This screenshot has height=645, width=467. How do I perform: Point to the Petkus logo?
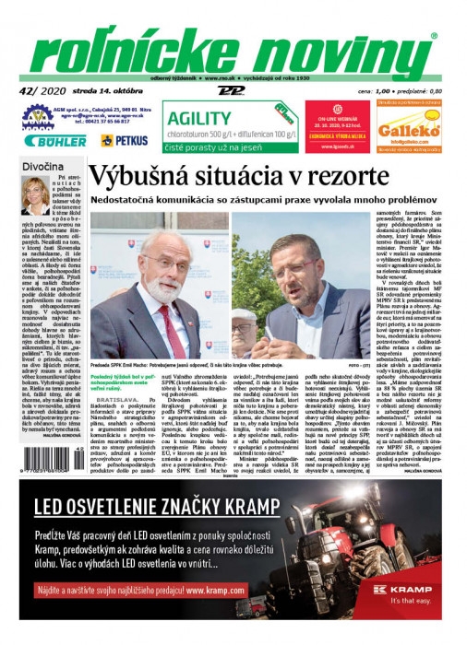[x=124, y=140]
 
